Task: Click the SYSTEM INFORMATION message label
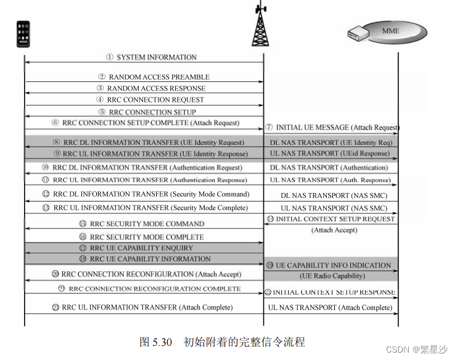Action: coord(157,57)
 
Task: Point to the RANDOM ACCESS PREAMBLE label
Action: coord(159,77)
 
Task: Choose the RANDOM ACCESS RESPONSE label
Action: coord(155,88)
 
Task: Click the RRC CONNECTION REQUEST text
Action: coord(155,99)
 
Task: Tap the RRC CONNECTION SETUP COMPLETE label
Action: coord(150,123)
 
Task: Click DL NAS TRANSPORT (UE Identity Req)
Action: coord(331,142)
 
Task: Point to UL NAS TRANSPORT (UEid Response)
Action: coord(330,154)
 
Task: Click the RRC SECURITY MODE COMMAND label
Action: coord(147,224)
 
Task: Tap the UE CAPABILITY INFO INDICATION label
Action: coord(333,265)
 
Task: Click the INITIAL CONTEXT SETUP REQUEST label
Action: coord(336,219)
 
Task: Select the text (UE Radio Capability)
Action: coord(332,276)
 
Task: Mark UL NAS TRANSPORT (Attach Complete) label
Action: coord(330,307)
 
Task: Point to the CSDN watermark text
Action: coord(417,350)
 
